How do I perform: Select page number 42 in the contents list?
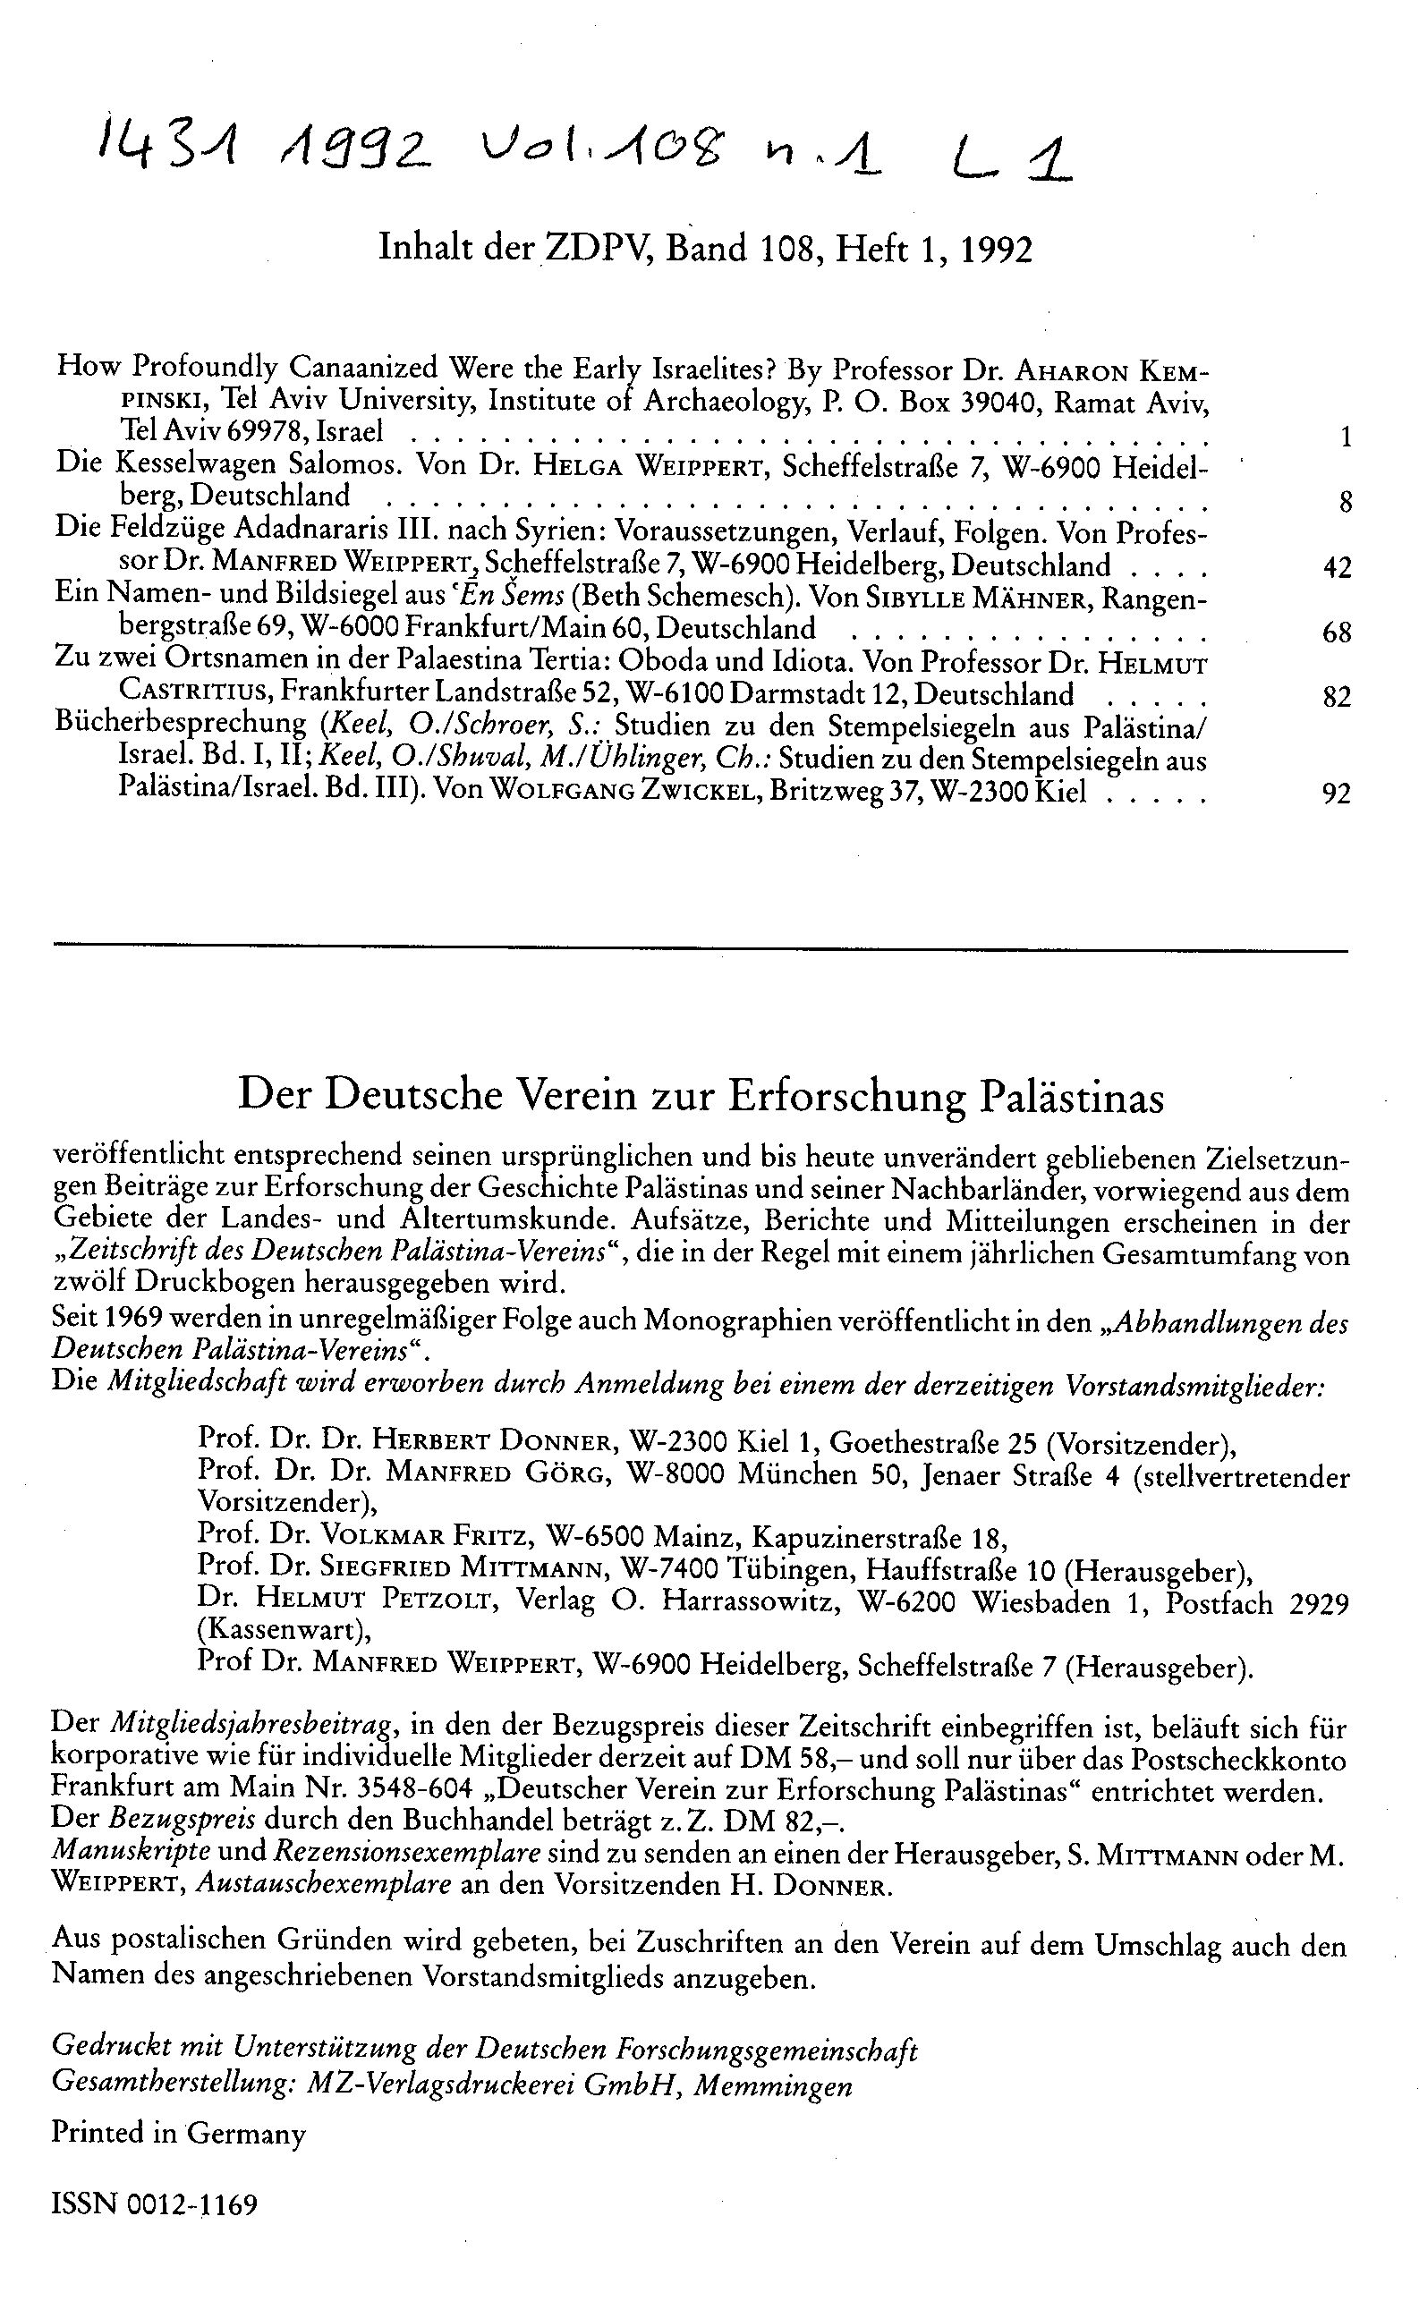[x=1336, y=568]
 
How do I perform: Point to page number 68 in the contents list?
[x=1336, y=633]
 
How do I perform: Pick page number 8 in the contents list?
[x=1346, y=502]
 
